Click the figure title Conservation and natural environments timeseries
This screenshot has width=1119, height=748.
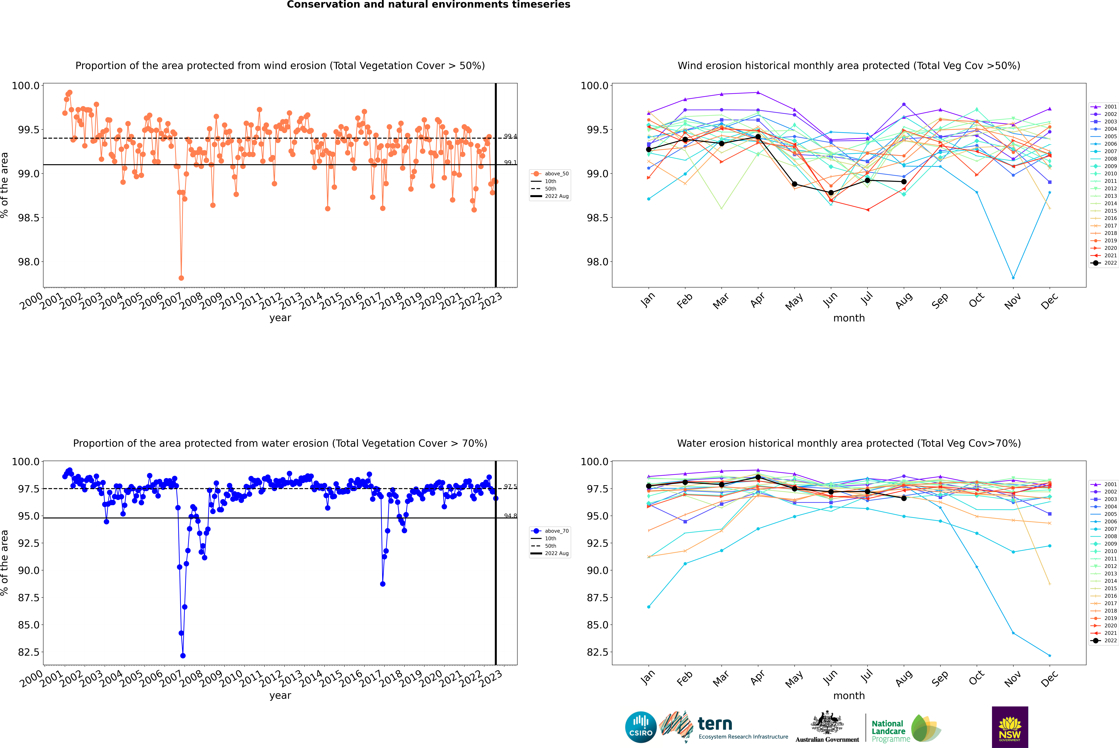coord(428,5)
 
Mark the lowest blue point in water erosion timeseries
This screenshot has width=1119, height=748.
coord(183,655)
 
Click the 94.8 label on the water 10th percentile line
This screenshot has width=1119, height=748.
coord(510,516)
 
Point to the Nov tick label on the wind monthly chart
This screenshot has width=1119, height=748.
coord(1013,302)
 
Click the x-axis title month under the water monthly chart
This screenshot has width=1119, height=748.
coord(849,696)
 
